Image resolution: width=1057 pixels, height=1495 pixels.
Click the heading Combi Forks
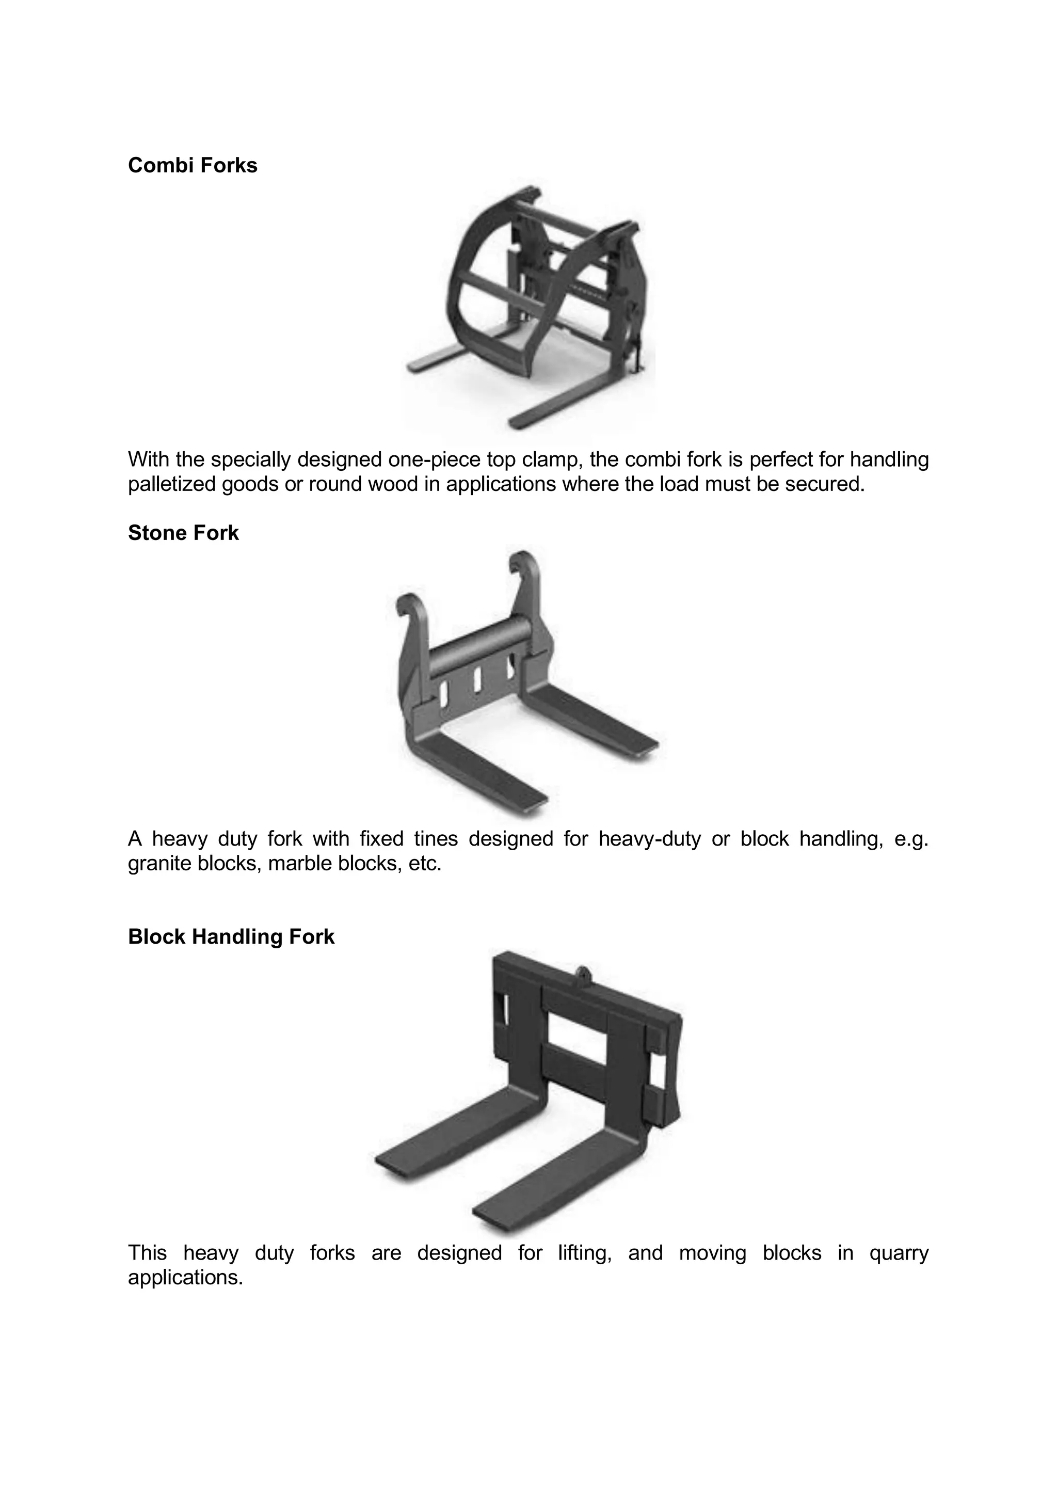click(193, 165)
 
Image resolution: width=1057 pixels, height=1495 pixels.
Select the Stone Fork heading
click(184, 533)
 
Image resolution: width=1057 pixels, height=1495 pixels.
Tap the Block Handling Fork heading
click(231, 936)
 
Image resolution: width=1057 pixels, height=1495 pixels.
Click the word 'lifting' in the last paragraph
click(584, 1252)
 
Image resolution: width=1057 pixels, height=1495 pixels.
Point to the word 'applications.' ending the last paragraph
click(185, 1278)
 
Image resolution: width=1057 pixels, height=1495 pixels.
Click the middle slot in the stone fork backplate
click(476, 680)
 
